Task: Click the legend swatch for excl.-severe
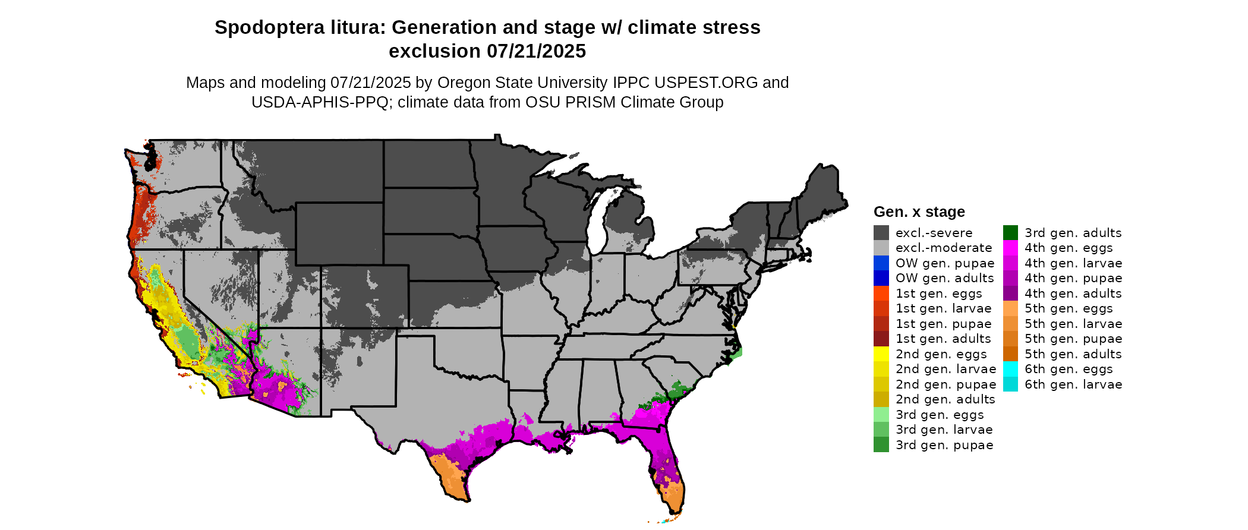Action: coord(881,233)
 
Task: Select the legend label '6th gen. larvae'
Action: coord(1073,384)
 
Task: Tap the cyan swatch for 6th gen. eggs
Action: coord(1010,369)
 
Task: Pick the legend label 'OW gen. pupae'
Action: coord(945,263)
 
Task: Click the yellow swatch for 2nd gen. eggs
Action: coord(881,354)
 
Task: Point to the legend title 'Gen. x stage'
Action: coord(919,212)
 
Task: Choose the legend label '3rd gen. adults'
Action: coord(1073,233)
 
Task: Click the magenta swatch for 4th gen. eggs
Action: coord(1010,248)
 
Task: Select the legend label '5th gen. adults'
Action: coord(1073,354)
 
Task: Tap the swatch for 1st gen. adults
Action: coord(881,339)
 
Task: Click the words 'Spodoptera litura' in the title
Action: coord(298,28)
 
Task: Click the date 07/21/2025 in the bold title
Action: coord(536,52)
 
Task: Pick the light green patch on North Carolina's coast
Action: coord(737,353)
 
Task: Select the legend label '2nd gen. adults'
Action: coord(945,399)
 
